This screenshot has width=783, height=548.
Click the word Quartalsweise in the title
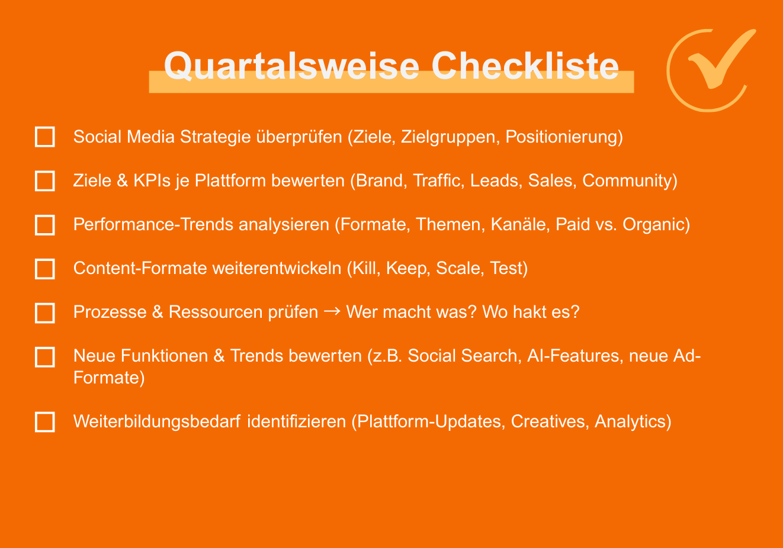pyautogui.click(x=291, y=66)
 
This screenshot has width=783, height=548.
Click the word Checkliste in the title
pyautogui.click(x=525, y=66)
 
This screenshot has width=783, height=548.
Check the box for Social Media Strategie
pyautogui.click(x=45, y=137)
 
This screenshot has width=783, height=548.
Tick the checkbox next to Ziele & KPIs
pyautogui.click(x=45, y=181)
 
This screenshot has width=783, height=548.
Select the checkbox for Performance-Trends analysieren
pyautogui.click(x=45, y=225)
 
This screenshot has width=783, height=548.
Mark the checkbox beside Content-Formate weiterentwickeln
pyautogui.click(x=45, y=269)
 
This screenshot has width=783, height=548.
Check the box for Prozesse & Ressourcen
pyautogui.click(x=45, y=313)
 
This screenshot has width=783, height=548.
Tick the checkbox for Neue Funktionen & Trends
pyautogui.click(x=45, y=357)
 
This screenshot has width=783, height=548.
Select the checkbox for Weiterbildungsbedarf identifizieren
pyautogui.click(x=45, y=422)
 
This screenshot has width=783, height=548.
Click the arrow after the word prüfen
pyautogui.click(x=332, y=311)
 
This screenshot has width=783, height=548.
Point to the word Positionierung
pyautogui.click(x=561, y=137)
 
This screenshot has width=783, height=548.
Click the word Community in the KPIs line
pyautogui.click(x=627, y=180)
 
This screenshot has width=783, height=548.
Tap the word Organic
pyautogui.click(x=654, y=224)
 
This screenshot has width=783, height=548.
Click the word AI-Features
pyautogui.click(x=575, y=356)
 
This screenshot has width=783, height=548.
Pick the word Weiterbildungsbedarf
pyautogui.click(x=157, y=421)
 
